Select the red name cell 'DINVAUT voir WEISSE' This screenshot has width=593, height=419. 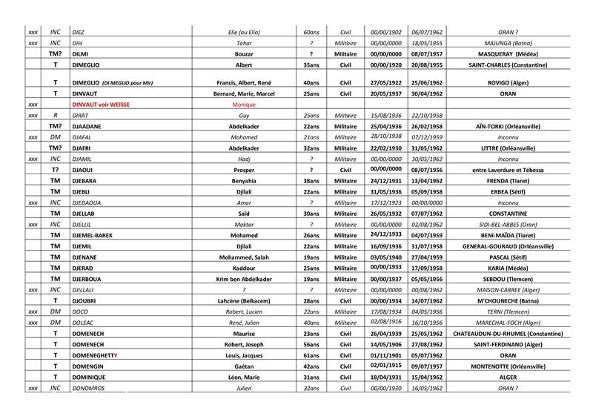coord(102,105)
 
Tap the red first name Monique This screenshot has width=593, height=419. coord(244,105)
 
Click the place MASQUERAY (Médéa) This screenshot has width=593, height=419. coord(508,54)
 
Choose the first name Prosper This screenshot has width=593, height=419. coord(244,170)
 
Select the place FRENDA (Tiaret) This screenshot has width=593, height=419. coord(508,181)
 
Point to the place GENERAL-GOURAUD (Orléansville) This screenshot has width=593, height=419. coord(508,245)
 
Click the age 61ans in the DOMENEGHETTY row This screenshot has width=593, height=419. coord(311,355)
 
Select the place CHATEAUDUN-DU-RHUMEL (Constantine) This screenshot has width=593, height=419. coord(508,334)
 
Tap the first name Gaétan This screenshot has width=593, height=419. coord(244,366)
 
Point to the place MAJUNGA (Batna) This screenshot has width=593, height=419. coord(508,43)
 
